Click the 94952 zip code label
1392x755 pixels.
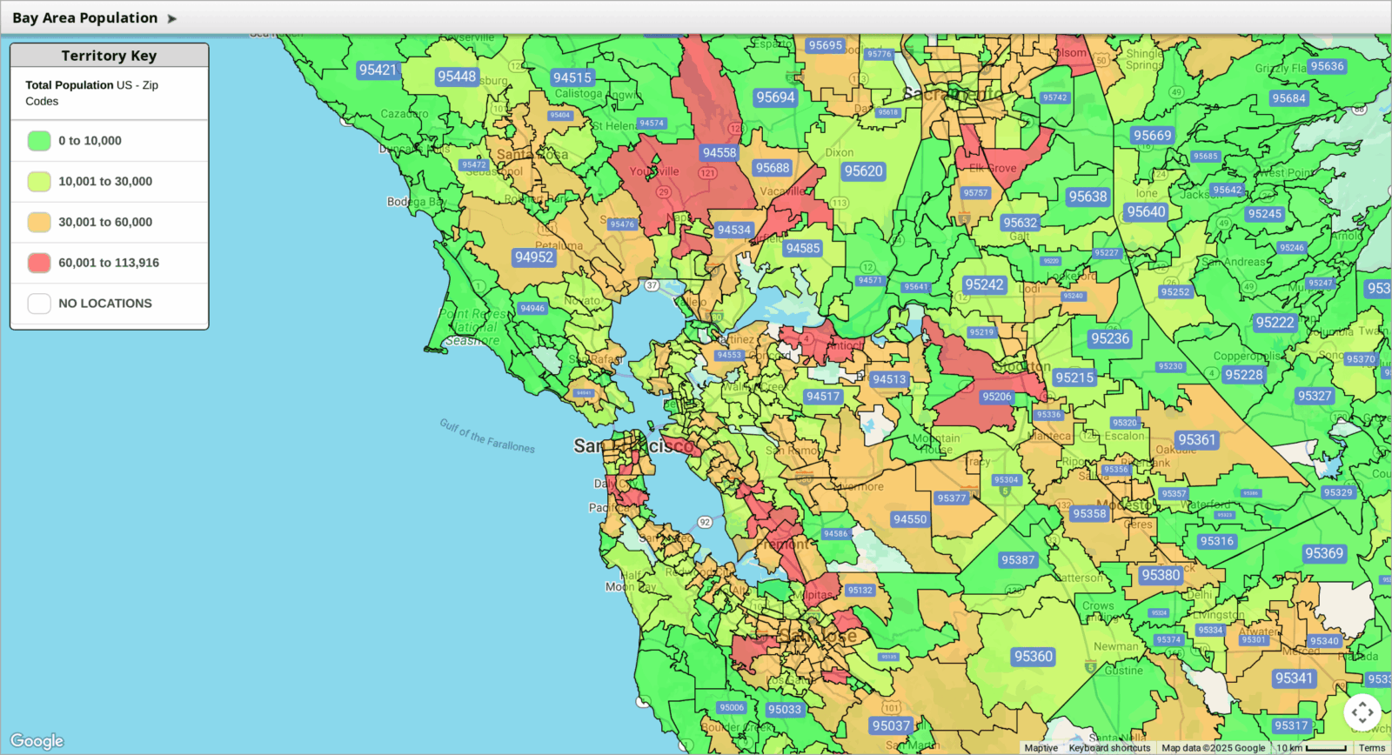[533, 257]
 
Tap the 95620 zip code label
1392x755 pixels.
[863, 171]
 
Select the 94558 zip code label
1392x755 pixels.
[719, 152]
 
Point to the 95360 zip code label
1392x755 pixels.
[1033, 657]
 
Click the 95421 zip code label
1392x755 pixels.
[378, 70]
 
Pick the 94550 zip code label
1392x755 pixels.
[910, 519]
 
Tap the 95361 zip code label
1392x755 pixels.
[1196, 439]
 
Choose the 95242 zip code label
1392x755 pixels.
[984, 284]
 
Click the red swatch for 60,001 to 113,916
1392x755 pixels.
[39, 263]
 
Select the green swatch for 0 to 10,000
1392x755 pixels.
[39, 141]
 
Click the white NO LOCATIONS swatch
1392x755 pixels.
[39, 304]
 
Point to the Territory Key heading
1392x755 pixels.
[109, 56]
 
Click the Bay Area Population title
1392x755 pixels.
[85, 17]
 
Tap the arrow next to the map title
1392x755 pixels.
[171, 18]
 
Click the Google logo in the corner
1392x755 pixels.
[37, 741]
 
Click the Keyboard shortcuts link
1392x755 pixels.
[1109, 748]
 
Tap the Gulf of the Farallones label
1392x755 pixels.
[487, 436]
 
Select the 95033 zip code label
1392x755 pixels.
[784, 709]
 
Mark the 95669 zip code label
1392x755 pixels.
[1152, 135]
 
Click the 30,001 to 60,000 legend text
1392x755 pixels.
[105, 222]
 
